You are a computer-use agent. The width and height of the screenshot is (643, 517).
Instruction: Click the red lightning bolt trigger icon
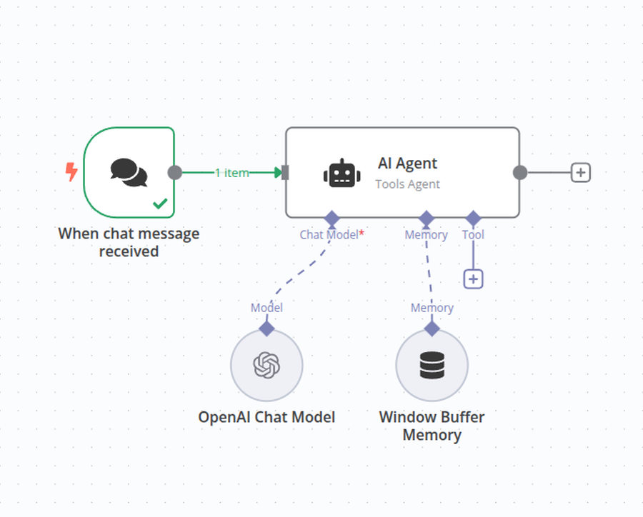click(x=71, y=171)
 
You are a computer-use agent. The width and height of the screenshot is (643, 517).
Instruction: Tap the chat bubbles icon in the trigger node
click(x=129, y=172)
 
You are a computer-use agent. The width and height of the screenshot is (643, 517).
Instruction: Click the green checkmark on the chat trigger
click(x=160, y=204)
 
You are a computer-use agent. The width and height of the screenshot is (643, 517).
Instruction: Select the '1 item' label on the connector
click(x=232, y=173)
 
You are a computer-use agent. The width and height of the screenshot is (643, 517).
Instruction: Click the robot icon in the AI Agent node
click(x=342, y=173)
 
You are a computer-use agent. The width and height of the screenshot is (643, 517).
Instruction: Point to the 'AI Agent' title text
click(x=408, y=164)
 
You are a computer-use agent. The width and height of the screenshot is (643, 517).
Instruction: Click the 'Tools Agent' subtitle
click(x=408, y=184)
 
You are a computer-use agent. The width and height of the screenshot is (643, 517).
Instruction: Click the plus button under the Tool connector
click(x=473, y=279)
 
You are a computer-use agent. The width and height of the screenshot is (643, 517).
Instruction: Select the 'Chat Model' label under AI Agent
click(x=329, y=234)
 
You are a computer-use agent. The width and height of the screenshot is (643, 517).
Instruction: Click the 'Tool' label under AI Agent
click(x=473, y=234)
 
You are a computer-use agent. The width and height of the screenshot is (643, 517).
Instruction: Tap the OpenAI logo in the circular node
click(x=266, y=365)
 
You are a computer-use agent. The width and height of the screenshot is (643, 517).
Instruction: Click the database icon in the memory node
click(x=432, y=365)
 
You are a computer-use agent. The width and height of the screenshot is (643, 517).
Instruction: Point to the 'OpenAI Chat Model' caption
click(x=266, y=417)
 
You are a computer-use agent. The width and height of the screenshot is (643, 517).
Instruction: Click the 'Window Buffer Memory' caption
click(x=432, y=426)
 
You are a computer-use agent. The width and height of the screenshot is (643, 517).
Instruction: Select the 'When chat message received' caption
click(x=129, y=242)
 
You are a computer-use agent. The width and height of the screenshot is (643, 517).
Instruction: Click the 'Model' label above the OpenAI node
click(x=266, y=308)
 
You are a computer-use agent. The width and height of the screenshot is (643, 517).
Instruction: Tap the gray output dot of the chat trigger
click(x=175, y=173)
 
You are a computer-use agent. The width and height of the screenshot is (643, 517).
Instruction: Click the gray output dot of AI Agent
click(x=520, y=173)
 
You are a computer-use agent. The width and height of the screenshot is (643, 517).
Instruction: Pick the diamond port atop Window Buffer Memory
click(x=432, y=328)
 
